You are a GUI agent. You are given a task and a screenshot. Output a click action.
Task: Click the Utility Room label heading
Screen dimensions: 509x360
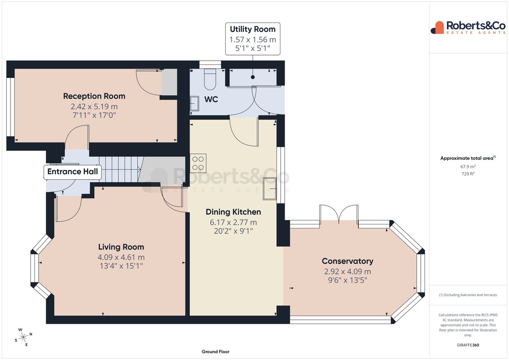tap(252, 29)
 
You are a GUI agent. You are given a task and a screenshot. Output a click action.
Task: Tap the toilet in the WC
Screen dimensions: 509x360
tap(210, 79)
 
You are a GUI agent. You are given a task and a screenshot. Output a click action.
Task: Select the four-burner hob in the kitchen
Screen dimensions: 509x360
tap(198, 163)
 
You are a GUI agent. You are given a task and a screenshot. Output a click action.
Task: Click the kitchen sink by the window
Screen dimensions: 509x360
tap(270, 189)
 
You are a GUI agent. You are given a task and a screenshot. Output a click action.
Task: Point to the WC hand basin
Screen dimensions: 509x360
tap(194, 103)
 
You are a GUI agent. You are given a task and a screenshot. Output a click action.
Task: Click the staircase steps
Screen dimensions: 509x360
tap(120, 169)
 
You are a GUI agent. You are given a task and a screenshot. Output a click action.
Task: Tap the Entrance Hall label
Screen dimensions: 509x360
tap(73, 171)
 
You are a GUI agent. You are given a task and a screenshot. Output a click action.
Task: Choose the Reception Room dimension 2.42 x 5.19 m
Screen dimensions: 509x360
tap(94, 106)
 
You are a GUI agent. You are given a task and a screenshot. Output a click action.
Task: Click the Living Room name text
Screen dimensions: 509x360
tap(121, 247)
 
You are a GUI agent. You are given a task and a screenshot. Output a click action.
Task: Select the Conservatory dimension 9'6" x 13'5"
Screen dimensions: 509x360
tap(347, 280)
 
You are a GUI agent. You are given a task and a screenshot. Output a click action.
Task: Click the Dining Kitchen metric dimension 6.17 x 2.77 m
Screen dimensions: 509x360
tap(233, 222)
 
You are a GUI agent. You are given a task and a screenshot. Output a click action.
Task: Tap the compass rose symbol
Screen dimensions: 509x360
tap(23, 337)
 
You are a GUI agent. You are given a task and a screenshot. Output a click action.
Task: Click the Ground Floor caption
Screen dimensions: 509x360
tap(215, 352)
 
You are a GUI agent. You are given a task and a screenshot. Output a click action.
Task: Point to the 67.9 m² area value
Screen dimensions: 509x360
tap(468, 167)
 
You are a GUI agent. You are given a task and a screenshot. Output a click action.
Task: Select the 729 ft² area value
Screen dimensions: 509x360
tap(468, 174)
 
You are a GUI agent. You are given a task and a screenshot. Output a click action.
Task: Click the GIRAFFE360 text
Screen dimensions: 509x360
tap(468, 345)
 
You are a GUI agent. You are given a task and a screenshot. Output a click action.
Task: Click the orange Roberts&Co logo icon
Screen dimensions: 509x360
tap(437, 28)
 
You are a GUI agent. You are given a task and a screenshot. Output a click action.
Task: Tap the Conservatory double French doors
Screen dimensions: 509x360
tap(339, 214)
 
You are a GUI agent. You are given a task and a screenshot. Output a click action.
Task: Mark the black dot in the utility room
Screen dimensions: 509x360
tap(253, 77)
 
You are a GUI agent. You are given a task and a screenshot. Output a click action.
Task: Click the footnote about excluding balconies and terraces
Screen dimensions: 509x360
tap(468, 295)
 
